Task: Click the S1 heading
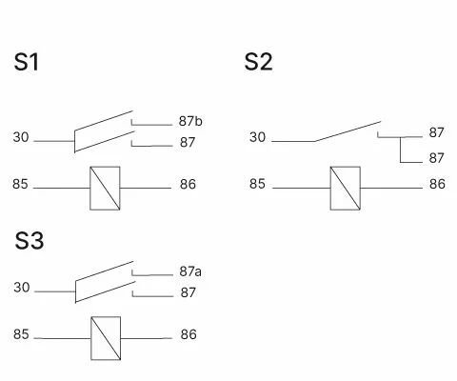pyautogui.click(x=27, y=62)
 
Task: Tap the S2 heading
pyautogui.click(x=258, y=62)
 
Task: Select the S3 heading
pyautogui.click(x=30, y=240)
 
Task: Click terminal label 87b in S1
pyautogui.click(x=190, y=121)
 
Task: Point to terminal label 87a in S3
pyautogui.click(x=190, y=271)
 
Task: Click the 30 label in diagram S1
pyautogui.click(x=21, y=137)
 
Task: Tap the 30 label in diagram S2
pyautogui.click(x=257, y=137)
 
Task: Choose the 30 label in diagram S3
pyautogui.click(x=22, y=288)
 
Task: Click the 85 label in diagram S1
pyautogui.click(x=20, y=184)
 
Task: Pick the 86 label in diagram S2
pyautogui.click(x=437, y=184)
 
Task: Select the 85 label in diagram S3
pyautogui.click(x=21, y=334)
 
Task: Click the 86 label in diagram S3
pyautogui.click(x=189, y=334)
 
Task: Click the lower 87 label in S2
pyautogui.click(x=436, y=158)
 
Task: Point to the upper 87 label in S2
pyautogui.click(x=436, y=132)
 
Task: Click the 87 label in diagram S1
pyautogui.click(x=188, y=143)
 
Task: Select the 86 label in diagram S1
pyautogui.click(x=188, y=185)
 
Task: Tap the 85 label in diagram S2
pyautogui.click(x=257, y=184)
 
